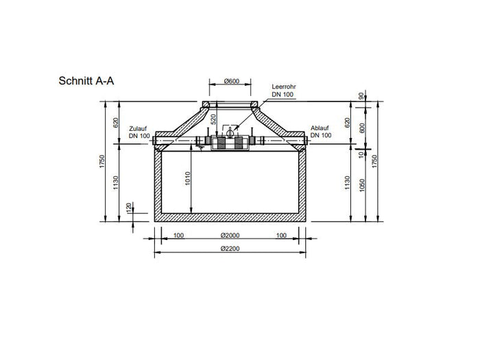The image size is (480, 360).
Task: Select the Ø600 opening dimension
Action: click(x=230, y=82)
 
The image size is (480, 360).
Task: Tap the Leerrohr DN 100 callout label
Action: click(x=283, y=89)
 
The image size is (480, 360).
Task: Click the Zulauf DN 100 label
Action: click(x=139, y=132)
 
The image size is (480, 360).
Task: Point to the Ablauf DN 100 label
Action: click(x=320, y=132)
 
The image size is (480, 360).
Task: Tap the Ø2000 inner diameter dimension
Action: click(x=229, y=236)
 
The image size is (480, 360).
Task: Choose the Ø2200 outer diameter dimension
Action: click(x=229, y=250)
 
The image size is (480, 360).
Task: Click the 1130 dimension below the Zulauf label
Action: click(x=117, y=184)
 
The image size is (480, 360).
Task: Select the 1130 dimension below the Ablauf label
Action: click(x=347, y=184)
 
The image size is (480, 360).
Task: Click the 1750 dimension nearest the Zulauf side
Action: click(x=103, y=162)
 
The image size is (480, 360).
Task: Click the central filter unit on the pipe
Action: click(x=230, y=143)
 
